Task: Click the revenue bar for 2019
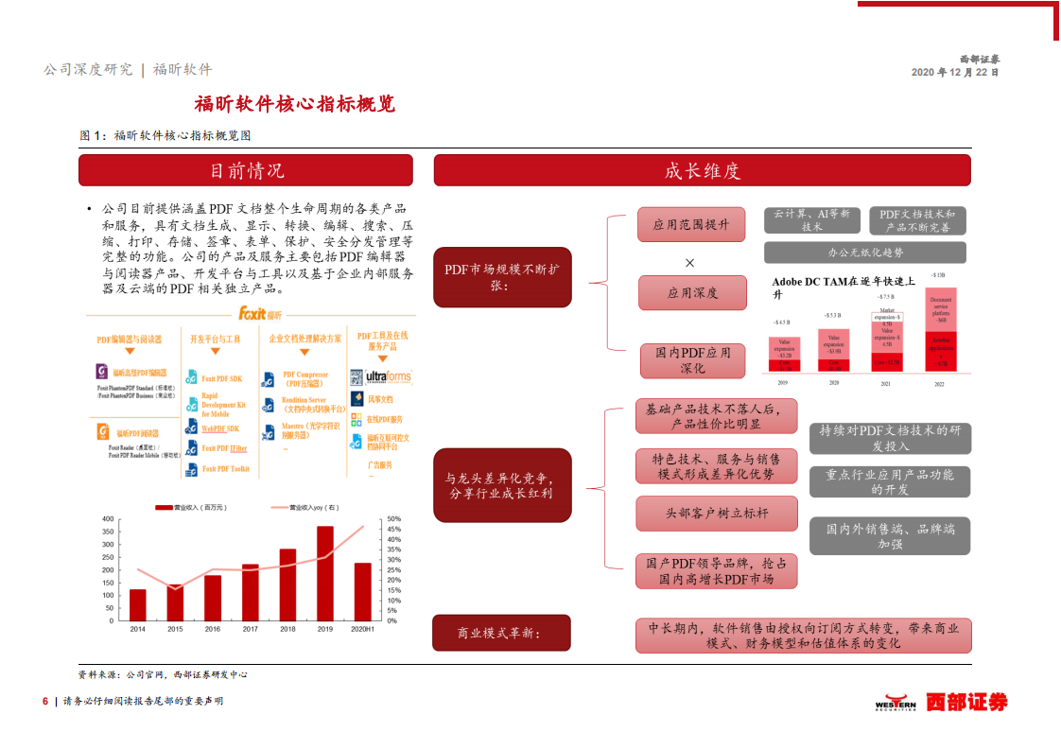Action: [x=325, y=573]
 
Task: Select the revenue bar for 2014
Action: [x=138, y=604]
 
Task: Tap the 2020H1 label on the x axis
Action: [x=362, y=629]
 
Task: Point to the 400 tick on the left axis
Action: [x=107, y=519]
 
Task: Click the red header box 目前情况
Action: [x=246, y=170]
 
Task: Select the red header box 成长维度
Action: [x=702, y=170]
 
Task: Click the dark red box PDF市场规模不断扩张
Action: [x=502, y=277]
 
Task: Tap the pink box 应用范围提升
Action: [x=691, y=225]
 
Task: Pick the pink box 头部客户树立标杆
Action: [x=716, y=513]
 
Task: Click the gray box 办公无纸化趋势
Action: [x=864, y=253]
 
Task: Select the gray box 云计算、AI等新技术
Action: [x=811, y=220]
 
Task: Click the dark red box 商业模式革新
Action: [x=501, y=633]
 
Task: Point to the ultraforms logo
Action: [x=388, y=377]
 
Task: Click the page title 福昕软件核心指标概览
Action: [x=294, y=103]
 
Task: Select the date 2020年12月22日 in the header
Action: [x=954, y=72]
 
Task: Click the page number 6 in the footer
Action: [x=44, y=701]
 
